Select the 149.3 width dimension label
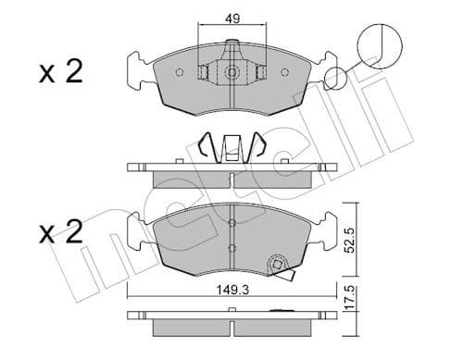tap(231, 287)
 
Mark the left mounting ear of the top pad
tap(134, 69)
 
